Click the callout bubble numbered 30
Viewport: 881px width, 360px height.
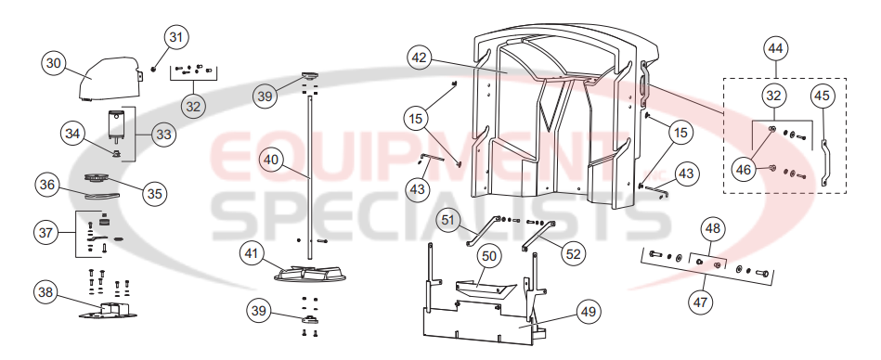coord(55,63)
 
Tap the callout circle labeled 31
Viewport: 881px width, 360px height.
coord(176,37)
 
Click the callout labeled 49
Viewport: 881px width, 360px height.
coord(587,313)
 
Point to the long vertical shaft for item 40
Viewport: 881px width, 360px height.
coord(311,167)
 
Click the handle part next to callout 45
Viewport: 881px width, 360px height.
coord(823,162)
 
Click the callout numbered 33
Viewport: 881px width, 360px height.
coord(164,135)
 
